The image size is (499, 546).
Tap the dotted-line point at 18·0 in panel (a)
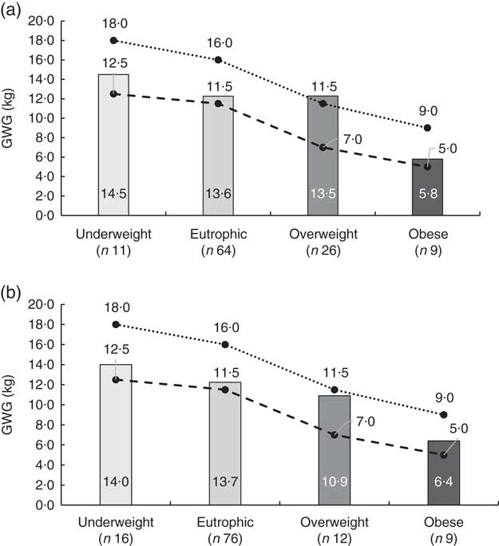(113, 40)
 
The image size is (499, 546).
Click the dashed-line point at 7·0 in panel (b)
(334, 434)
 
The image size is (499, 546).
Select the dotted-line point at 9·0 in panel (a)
(427, 128)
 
